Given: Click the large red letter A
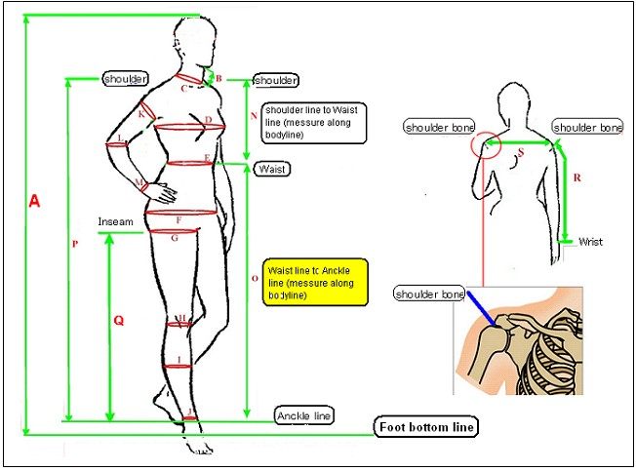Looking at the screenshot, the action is (x=34, y=201).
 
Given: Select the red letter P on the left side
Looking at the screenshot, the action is (x=74, y=245).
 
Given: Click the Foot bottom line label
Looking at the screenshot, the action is (x=427, y=427).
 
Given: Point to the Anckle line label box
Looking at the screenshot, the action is (x=304, y=415).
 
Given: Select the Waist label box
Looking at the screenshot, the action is (x=270, y=169).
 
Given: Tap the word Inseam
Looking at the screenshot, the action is (x=114, y=222).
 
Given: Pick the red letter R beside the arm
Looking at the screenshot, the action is (x=577, y=178).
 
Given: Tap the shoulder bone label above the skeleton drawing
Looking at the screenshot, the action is (x=428, y=294).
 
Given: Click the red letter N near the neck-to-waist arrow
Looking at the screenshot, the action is (x=254, y=115).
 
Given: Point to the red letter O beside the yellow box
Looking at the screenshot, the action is (x=254, y=278).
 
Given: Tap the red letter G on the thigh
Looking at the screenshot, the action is (x=174, y=237).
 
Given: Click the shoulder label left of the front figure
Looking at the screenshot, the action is (x=126, y=78).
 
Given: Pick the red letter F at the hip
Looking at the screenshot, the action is (x=178, y=220).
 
